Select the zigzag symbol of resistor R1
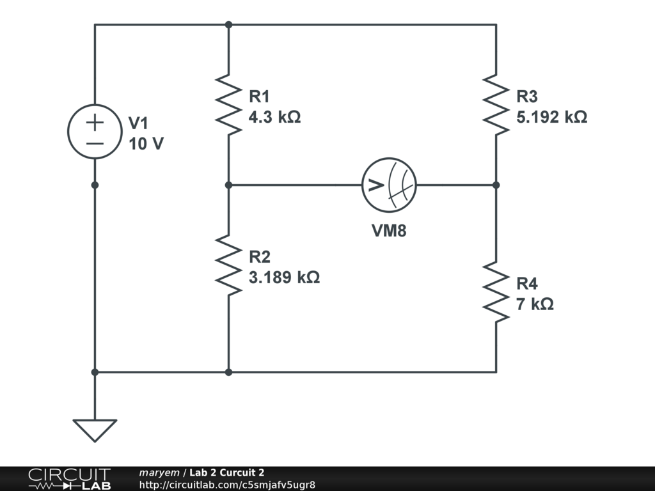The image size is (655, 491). [x=228, y=105]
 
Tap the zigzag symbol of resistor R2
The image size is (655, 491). [x=228, y=265]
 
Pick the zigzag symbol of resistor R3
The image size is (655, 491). [x=496, y=105]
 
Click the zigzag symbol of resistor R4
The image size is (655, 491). [x=496, y=292]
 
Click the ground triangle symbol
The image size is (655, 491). [x=95, y=430]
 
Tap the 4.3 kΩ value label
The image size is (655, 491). [x=274, y=117]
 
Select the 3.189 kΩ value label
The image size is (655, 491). [x=284, y=277]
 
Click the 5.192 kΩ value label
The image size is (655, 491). [x=552, y=117]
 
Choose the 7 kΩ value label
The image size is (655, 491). [x=535, y=304]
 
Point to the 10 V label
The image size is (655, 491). [x=146, y=144]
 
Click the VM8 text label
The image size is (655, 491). [x=389, y=230]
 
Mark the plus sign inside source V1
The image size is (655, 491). [x=95, y=122]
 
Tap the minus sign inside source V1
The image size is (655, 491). [x=95, y=144]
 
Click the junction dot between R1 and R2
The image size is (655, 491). [x=228, y=185]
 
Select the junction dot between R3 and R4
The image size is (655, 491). [x=496, y=185]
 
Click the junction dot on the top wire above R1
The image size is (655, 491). [x=228, y=25]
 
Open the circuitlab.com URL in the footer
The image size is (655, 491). [x=227, y=485]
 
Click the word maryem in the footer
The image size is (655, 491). [x=159, y=472]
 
